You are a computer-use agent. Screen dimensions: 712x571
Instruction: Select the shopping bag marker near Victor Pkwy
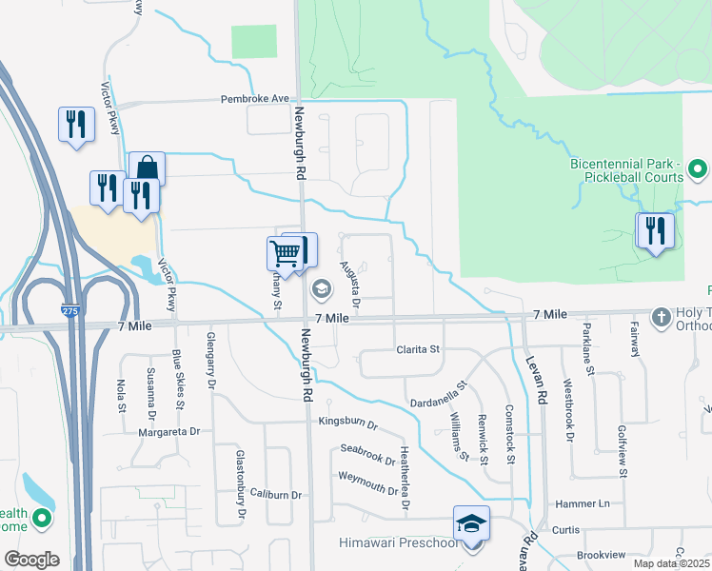tap(148, 169)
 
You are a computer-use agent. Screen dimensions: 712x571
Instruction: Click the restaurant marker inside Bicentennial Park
tap(654, 230)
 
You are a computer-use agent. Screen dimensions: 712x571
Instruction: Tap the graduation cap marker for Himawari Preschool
tap(471, 524)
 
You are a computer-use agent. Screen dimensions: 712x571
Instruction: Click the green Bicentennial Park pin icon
tap(697, 170)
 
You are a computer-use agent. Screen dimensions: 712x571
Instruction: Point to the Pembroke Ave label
tap(254, 98)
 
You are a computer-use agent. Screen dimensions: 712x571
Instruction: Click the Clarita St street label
tap(418, 349)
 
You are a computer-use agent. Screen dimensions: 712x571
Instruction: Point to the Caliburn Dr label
tap(276, 495)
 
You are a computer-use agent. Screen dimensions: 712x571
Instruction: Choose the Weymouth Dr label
tap(367, 482)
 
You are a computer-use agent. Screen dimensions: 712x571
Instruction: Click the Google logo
tap(30, 560)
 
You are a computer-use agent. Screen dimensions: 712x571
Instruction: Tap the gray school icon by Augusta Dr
tap(323, 288)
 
